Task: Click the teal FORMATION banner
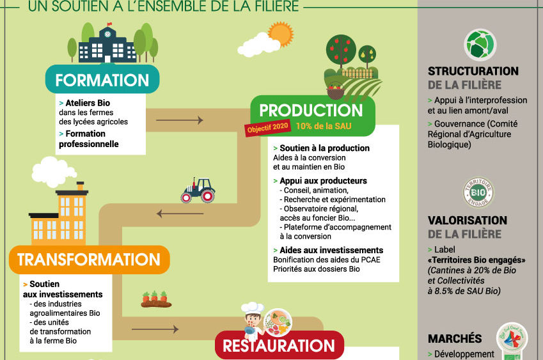(102, 81)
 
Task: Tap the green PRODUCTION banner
(311, 110)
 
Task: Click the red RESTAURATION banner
(279, 346)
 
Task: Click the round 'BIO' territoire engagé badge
(478, 192)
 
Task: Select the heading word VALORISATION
(467, 221)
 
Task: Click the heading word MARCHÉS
(455, 338)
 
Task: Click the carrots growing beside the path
(155, 299)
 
